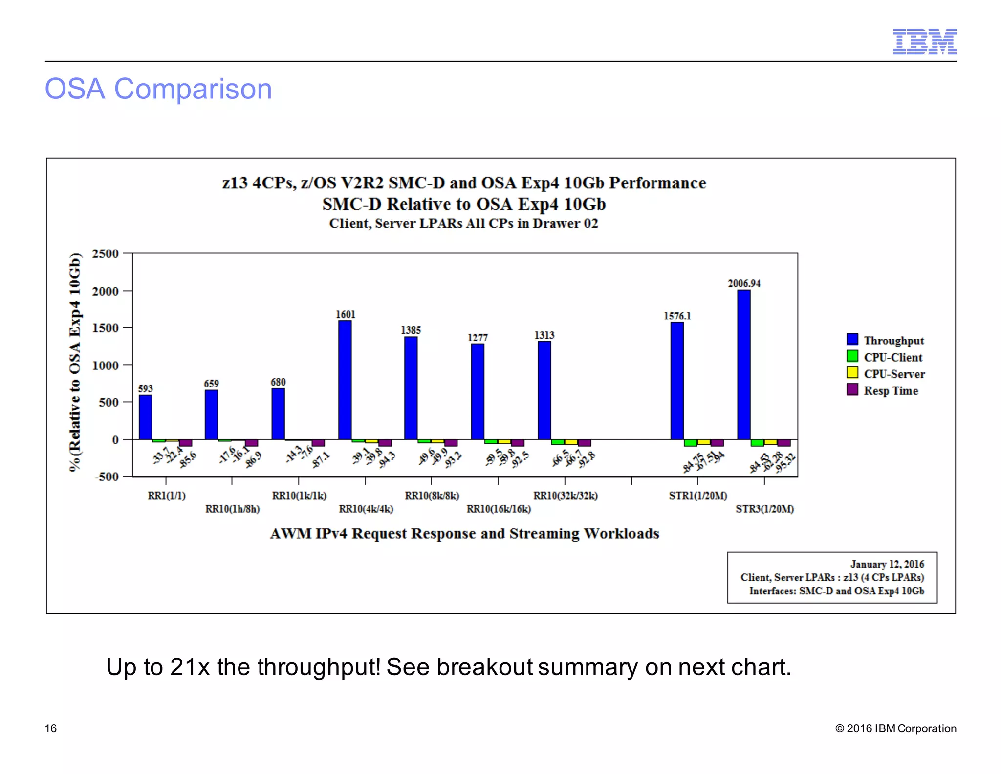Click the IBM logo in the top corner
pos(925,42)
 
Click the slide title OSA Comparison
pos(158,89)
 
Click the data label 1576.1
pos(677,316)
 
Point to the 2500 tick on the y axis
pos(105,253)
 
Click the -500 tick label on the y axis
pos(106,477)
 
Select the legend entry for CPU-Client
pos(892,357)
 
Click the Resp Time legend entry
pos(891,390)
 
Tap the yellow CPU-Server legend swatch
pos(852,373)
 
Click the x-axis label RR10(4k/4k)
pos(366,509)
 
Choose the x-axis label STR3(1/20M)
pos(764,509)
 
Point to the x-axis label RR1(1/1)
pos(167,496)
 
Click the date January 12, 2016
pos(887,564)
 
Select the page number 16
pos(51,728)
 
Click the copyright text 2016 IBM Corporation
pos(901,728)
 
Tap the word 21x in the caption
pos(190,667)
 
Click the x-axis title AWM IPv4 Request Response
pos(464,533)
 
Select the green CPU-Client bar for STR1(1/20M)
pos(690,443)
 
